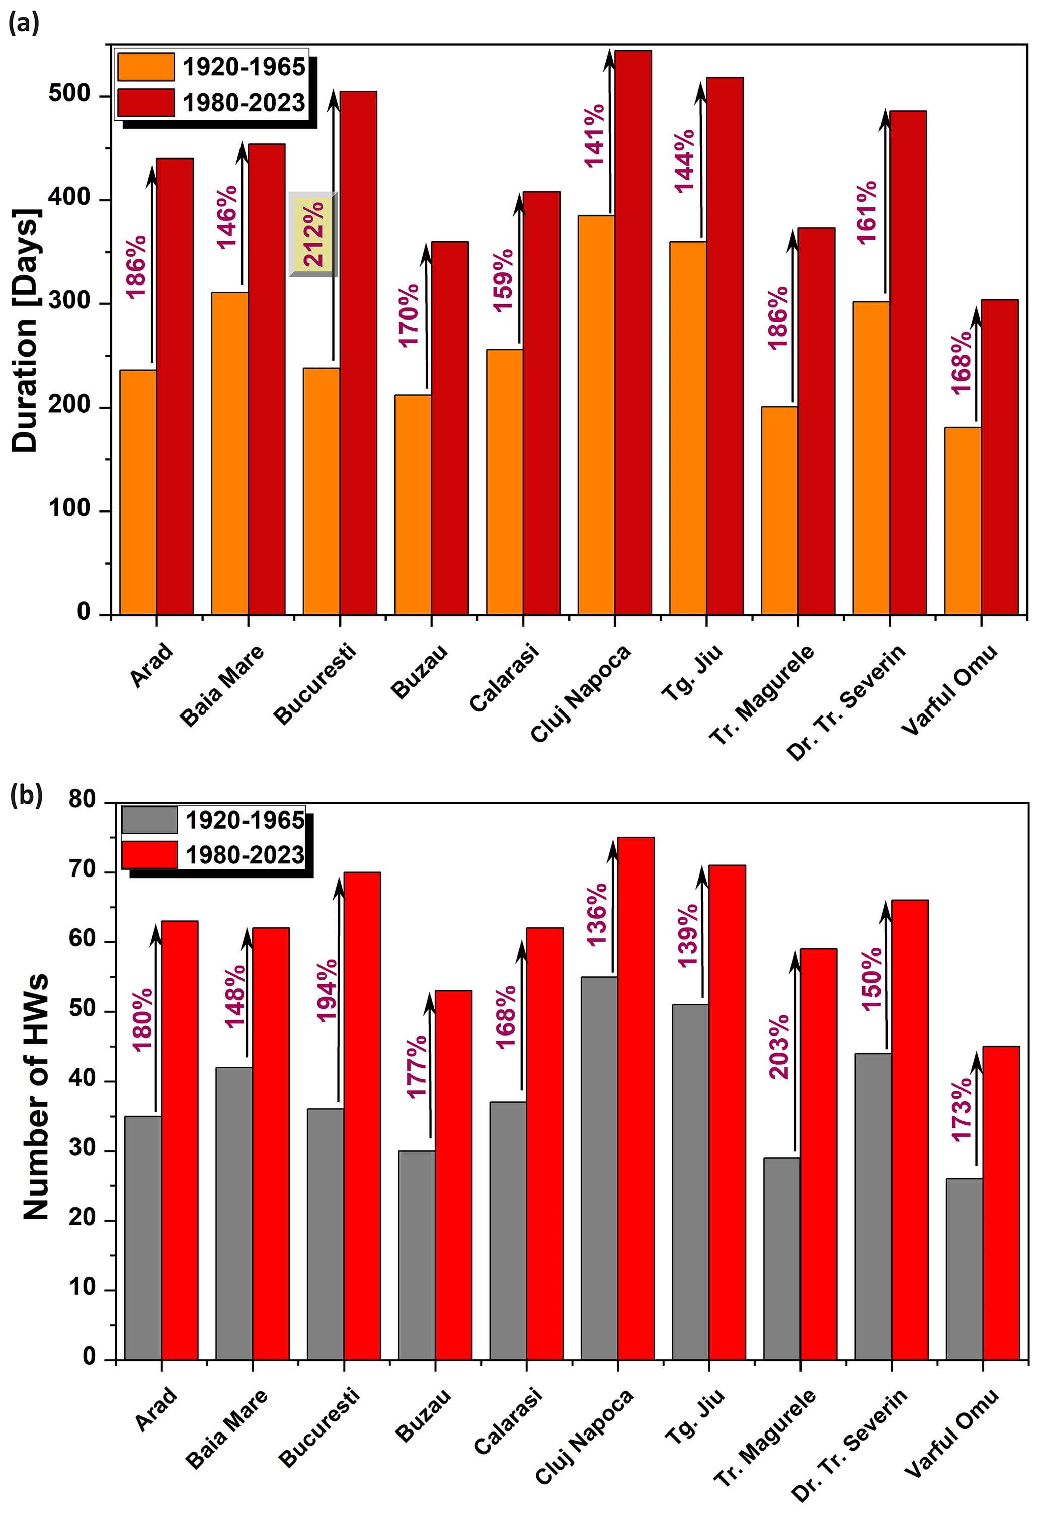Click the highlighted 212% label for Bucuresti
point(313,234)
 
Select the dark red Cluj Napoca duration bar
point(633,332)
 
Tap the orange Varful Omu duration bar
point(963,521)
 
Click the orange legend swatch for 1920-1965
point(146,66)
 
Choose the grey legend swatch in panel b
point(149,820)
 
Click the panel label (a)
point(24,24)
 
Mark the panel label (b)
point(26,796)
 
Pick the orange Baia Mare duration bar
point(229,453)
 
